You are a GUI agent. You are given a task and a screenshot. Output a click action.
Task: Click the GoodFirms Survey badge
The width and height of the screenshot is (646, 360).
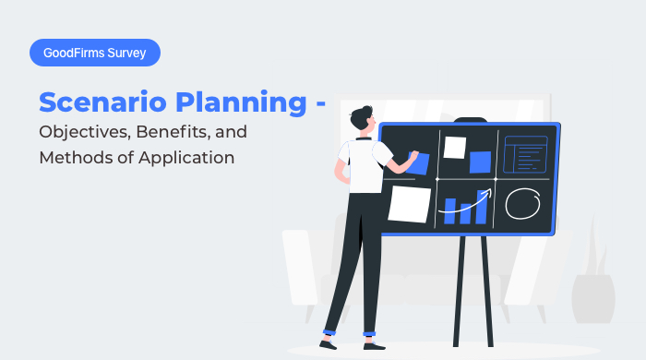click(x=95, y=54)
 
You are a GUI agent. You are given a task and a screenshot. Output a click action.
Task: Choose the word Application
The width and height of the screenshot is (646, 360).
click(x=185, y=158)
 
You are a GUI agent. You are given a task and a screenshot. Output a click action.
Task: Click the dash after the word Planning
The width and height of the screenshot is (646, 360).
click(x=321, y=103)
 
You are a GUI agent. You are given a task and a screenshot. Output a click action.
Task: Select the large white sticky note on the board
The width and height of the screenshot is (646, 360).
click(x=410, y=203)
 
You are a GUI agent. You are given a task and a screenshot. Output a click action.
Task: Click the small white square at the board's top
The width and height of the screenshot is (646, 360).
click(x=454, y=147)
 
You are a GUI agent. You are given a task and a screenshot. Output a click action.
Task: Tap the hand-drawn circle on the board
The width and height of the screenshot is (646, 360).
click(x=524, y=201)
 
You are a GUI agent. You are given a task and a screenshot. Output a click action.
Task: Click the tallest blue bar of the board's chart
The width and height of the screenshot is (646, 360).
click(x=480, y=207)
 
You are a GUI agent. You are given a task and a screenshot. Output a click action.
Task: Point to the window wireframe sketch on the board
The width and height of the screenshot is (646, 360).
click(x=525, y=153)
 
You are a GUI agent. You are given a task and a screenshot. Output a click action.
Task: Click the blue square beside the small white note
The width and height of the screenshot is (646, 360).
click(x=480, y=162)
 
